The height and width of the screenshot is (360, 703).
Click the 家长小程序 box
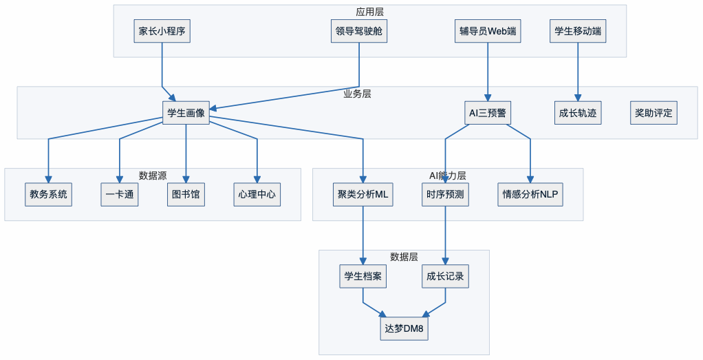tap(162, 31)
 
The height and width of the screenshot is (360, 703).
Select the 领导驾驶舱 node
tap(359, 31)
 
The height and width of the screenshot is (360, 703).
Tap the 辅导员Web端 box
tap(488, 31)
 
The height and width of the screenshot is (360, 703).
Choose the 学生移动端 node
tap(578, 31)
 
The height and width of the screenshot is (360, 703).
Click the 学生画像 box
tap(186, 113)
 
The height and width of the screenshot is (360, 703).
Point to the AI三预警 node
tap(488, 113)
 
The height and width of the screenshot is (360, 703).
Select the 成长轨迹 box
tap(578, 113)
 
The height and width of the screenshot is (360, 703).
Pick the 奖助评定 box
tap(653, 113)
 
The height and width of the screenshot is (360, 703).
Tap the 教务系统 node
tap(48, 195)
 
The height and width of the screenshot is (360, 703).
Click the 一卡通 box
tap(120, 195)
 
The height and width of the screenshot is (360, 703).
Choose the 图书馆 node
tap(186, 195)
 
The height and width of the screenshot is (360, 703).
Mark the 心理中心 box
tap(257, 195)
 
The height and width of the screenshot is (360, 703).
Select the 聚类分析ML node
tap(363, 195)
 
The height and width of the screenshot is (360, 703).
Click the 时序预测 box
tap(445, 195)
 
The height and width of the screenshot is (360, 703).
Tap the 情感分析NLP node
tap(530, 195)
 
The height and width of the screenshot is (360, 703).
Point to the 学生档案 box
tap(363, 277)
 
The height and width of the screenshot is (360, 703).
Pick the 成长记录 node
tap(445, 277)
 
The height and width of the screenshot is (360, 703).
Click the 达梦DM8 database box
tap(404, 329)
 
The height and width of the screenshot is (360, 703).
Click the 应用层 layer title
tap(369, 12)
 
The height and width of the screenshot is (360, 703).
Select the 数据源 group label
tap(153, 176)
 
